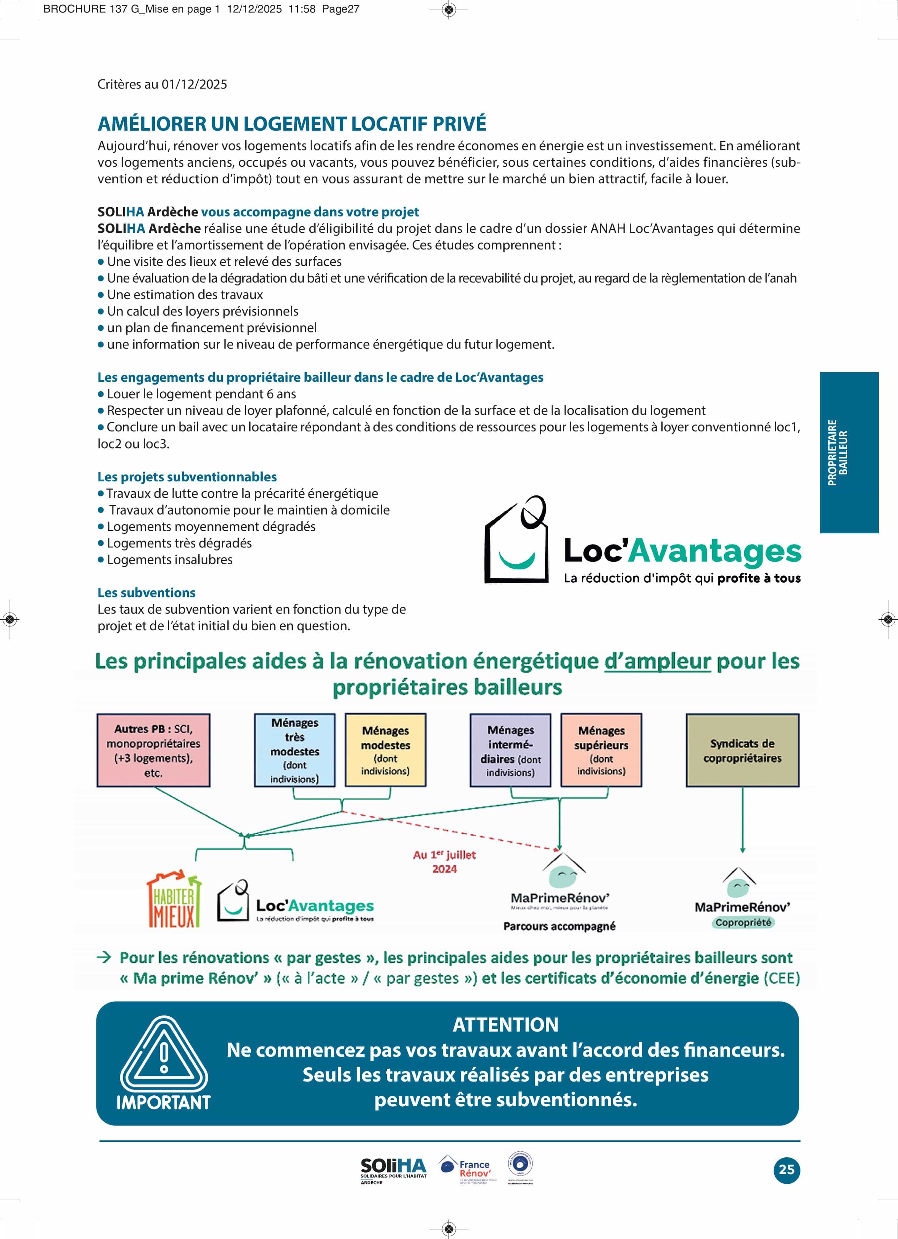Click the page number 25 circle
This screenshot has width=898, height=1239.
pyautogui.click(x=786, y=1169)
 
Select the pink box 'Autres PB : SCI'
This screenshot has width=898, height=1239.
pyautogui.click(x=153, y=750)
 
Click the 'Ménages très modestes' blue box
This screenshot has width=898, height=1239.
pyautogui.click(x=295, y=750)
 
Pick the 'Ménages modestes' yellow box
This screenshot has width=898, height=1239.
pyautogui.click(x=385, y=750)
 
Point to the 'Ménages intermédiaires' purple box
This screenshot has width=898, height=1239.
pyautogui.click(x=510, y=750)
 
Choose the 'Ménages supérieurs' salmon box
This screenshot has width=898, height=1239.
pyautogui.click(x=601, y=750)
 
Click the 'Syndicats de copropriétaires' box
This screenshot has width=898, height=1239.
pyautogui.click(x=742, y=750)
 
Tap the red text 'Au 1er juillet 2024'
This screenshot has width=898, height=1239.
pyautogui.click(x=444, y=862)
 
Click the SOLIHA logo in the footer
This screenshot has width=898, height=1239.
pyautogui.click(x=393, y=1170)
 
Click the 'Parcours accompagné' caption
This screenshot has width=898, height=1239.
pyautogui.click(x=559, y=926)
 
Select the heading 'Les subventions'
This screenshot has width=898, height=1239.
pyautogui.click(x=146, y=593)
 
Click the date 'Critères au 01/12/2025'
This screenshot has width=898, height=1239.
pyautogui.click(x=162, y=84)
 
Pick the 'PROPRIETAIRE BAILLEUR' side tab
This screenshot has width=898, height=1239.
pyautogui.click(x=849, y=452)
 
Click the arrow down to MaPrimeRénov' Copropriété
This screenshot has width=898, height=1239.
pyautogui.click(x=742, y=819)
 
